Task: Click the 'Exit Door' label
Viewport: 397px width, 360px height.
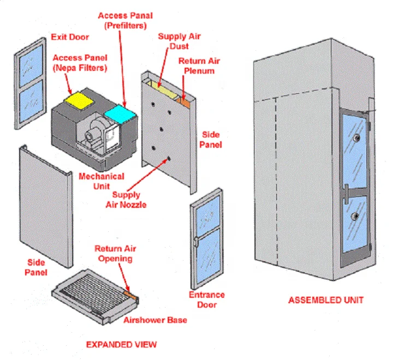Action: pos(69,37)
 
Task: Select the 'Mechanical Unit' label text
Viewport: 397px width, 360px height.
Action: pos(101,181)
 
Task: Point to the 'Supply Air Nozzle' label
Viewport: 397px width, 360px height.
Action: pos(126,200)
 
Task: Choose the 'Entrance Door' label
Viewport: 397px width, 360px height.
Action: pos(207,299)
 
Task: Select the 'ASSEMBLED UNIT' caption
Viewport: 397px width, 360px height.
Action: pos(325,299)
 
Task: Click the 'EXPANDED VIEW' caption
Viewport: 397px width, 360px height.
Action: pos(121,344)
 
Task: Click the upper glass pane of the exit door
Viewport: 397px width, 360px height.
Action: pos(31,63)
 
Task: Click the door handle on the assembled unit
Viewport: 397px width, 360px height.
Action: pos(347,191)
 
